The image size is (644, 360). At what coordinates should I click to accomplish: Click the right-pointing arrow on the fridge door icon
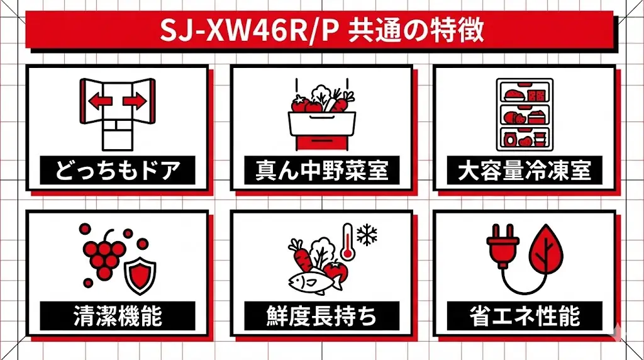(135, 101)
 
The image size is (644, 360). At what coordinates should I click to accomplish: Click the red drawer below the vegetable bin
(321, 141)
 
